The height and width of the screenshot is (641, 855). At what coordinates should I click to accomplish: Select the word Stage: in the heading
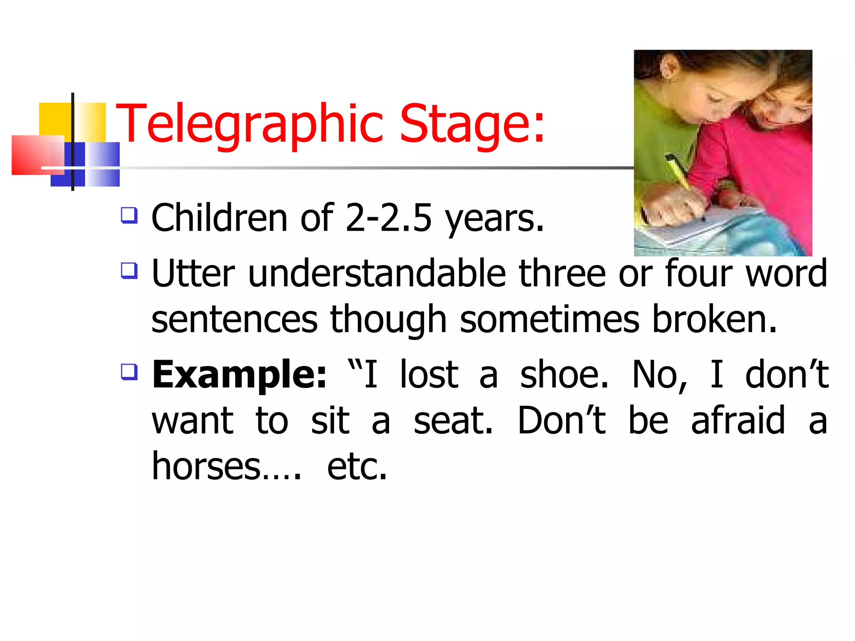[x=472, y=124]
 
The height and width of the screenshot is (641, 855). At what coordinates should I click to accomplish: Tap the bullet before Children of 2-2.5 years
[x=129, y=215]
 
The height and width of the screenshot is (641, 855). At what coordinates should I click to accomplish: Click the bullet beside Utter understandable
[x=129, y=270]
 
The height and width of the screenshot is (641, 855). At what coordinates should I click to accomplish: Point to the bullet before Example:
[x=129, y=371]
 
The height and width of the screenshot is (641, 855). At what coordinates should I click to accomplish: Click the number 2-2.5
[x=388, y=218]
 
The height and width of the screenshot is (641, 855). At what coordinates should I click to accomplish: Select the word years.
[x=494, y=219]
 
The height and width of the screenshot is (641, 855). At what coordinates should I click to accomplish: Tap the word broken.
[x=714, y=319]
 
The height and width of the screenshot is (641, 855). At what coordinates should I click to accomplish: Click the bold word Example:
[x=239, y=374]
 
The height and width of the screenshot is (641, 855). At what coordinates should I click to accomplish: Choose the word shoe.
[x=564, y=374]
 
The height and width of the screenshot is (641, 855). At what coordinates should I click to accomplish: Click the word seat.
[x=453, y=420]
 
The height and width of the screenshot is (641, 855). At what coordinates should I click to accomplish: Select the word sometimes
[x=549, y=319]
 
